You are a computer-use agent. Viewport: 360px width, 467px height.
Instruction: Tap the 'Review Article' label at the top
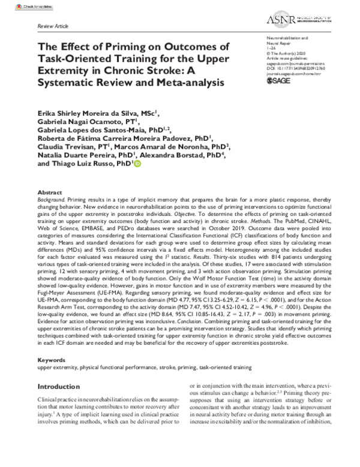pyautogui.click(x=53, y=28)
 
